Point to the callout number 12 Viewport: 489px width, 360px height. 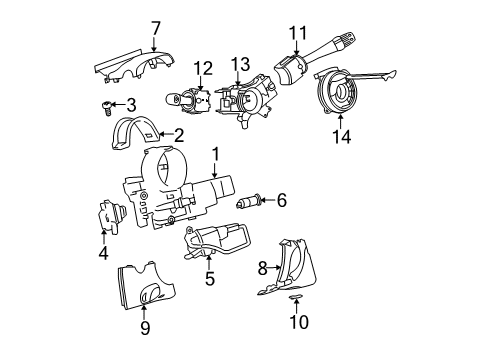[203, 68]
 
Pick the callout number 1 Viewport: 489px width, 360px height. [214, 154]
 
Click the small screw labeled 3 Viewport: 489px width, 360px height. [105, 103]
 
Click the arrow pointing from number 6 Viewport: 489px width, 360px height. [263, 201]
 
